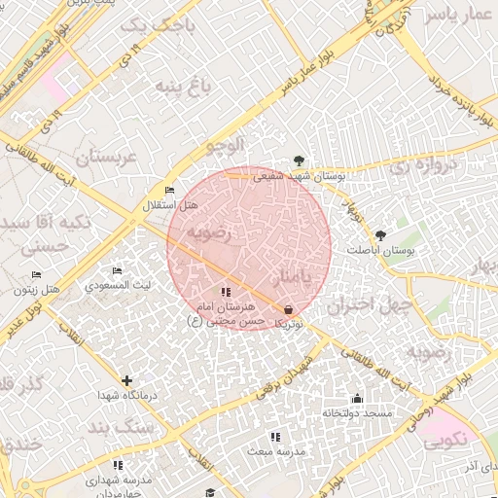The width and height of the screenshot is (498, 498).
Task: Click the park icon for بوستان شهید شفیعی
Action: [x=298, y=161]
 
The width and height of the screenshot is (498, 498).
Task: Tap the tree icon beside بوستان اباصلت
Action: [x=380, y=235]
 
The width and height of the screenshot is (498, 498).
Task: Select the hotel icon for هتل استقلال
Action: [x=170, y=191]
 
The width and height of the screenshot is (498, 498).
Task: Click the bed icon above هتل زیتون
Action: [x=37, y=274]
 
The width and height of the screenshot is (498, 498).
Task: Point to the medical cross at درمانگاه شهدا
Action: [x=126, y=380]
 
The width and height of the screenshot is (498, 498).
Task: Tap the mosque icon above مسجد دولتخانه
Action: [x=357, y=398]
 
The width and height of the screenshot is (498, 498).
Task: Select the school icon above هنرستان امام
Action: [x=226, y=292]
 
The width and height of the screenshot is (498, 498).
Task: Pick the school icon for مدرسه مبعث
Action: [x=275, y=437]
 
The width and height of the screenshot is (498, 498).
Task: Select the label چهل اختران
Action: [x=363, y=305]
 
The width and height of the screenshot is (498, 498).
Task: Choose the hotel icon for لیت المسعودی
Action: [x=118, y=270]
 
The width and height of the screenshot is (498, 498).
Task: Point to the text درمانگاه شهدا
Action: [x=126, y=396]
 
